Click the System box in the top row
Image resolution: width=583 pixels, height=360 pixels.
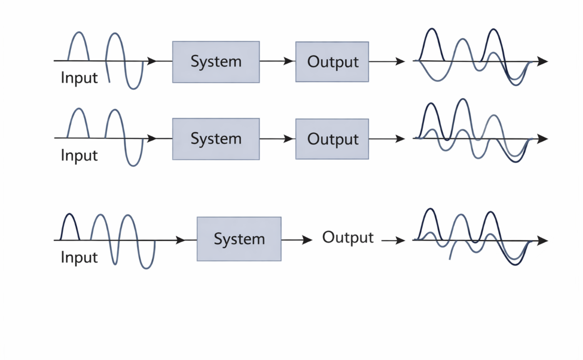pos(216,62)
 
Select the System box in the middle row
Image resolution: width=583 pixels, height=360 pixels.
pos(216,139)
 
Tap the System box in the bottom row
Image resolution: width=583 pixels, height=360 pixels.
pos(239,239)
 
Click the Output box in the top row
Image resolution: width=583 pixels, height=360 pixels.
pos(332,62)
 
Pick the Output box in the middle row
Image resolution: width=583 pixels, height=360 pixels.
pos(332,139)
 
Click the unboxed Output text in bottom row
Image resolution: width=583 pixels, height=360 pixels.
pos(348,238)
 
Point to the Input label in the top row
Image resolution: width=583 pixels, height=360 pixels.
pos(79,78)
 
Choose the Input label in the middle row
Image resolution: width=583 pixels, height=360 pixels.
pos(79,155)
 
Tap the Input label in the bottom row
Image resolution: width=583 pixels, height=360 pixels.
pos(79,257)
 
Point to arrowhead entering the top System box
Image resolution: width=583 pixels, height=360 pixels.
pos(152,61)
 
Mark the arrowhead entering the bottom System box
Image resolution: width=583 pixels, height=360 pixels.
pos(181,240)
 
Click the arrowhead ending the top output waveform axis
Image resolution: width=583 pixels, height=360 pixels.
pos(543,61)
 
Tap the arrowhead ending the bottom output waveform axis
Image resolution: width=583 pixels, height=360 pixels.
pos(543,241)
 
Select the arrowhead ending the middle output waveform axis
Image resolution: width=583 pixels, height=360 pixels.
pos(543,139)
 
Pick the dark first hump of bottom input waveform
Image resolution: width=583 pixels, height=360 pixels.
pos(70,225)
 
